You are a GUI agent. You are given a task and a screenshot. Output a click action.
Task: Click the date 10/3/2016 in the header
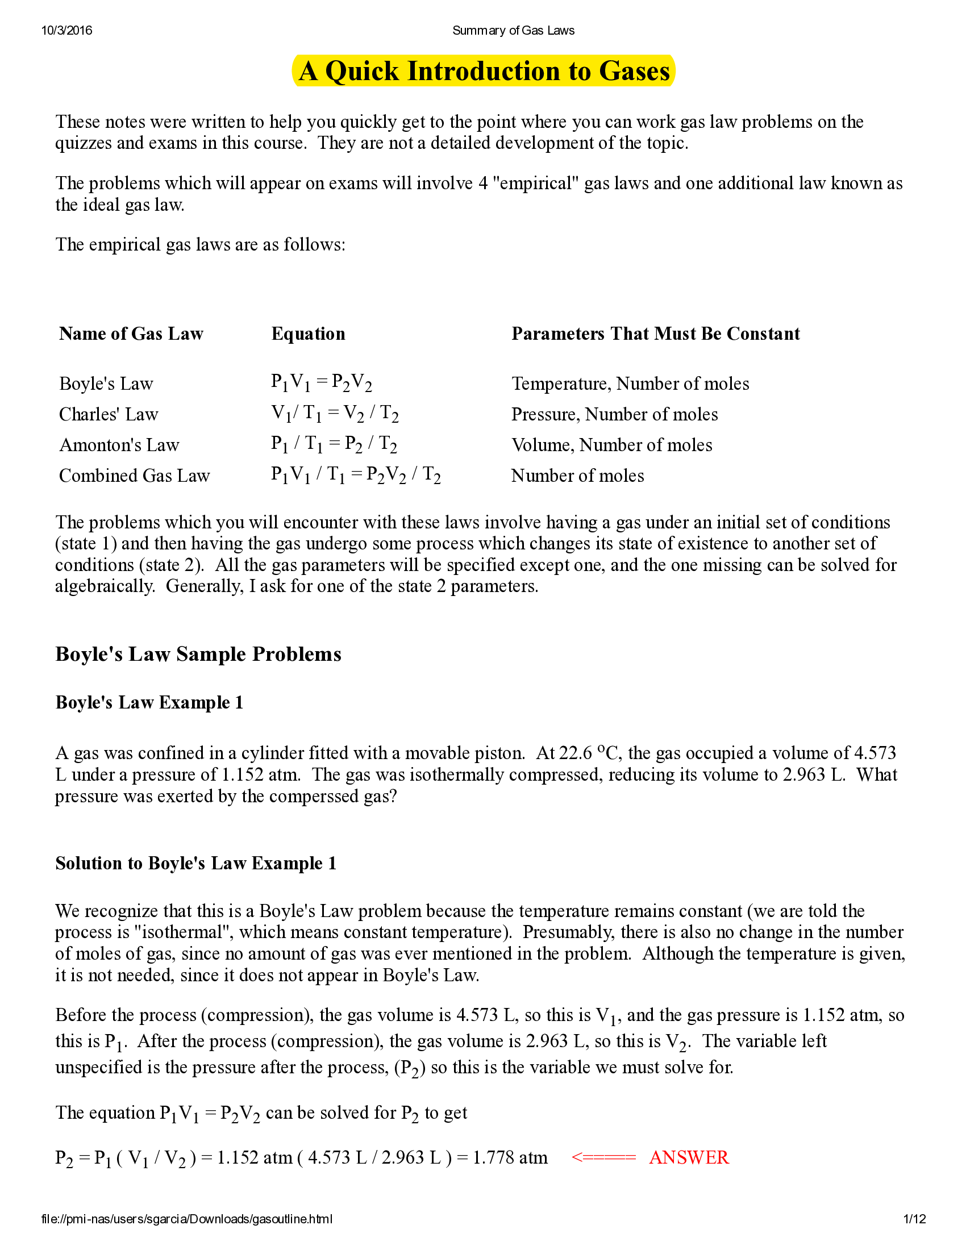(66, 30)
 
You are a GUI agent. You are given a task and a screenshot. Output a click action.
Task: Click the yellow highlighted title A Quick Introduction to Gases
(484, 72)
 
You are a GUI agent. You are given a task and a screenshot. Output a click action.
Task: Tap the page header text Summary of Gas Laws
(513, 30)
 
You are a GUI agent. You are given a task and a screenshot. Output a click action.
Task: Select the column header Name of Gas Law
(131, 334)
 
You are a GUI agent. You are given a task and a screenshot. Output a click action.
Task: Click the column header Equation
(308, 334)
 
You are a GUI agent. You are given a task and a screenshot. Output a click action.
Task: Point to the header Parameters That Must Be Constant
(655, 334)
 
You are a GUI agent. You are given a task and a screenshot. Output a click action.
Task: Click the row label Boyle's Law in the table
(106, 384)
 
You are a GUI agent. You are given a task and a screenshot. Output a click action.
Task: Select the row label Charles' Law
(109, 414)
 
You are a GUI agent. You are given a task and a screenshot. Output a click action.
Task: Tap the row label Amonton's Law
(119, 445)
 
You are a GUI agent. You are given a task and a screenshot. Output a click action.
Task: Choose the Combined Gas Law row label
(135, 476)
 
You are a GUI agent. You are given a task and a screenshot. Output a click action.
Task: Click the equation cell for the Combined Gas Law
(355, 475)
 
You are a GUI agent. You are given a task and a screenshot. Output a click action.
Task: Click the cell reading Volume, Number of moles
(612, 445)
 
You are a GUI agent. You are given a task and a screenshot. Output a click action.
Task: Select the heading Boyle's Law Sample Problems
(198, 654)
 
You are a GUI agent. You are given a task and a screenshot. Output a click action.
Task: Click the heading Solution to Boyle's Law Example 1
(195, 863)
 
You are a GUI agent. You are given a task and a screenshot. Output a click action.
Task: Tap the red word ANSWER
(689, 1157)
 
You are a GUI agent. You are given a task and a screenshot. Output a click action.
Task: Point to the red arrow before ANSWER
(603, 1157)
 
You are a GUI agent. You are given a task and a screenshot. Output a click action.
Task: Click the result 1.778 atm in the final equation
(510, 1157)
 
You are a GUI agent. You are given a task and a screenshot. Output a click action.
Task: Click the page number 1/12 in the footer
(914, 1219)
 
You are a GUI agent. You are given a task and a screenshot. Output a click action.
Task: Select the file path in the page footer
(186, 1219)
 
